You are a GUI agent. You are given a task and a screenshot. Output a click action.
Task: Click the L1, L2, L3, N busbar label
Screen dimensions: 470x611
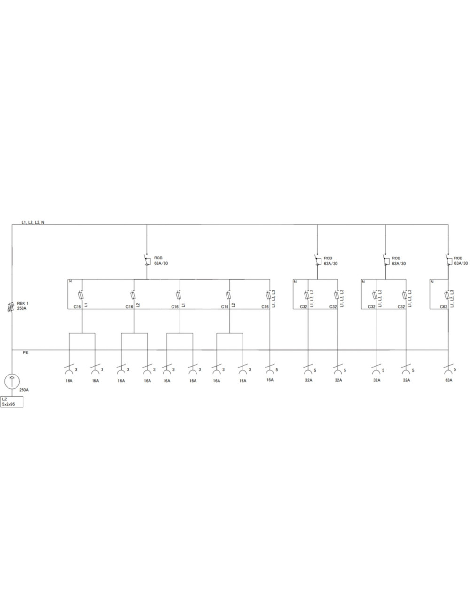[33, 222]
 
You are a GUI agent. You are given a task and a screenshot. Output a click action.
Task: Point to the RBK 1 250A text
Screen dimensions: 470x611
[23, 306]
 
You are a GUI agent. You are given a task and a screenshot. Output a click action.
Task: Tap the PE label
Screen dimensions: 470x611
[25, 352]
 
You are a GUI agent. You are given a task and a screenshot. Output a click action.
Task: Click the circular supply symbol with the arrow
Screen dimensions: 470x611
[12, 381]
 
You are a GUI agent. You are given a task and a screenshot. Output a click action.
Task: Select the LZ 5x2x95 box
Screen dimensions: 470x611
[12, 402]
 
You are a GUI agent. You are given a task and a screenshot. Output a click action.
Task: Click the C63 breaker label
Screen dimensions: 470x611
[444, 307]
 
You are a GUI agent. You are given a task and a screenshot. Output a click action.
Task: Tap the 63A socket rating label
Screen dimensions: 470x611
[449, 380]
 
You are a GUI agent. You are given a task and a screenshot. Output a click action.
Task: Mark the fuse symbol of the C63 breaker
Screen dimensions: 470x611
[446, 296]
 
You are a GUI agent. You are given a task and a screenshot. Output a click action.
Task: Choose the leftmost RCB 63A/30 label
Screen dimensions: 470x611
[161, 261]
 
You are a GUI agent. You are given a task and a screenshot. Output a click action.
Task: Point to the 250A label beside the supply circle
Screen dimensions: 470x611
[24, 390]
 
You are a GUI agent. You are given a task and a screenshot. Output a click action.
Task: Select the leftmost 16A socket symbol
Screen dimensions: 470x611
[69, 370]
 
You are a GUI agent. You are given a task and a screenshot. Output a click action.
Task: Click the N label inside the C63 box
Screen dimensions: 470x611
[432, 282]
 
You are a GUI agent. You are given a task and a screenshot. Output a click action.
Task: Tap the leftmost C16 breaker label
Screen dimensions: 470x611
[77, 307]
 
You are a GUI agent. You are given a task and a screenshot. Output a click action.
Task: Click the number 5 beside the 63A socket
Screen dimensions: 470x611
[455, 369]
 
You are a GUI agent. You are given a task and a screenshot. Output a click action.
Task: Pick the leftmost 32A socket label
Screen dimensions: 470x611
[309, 380]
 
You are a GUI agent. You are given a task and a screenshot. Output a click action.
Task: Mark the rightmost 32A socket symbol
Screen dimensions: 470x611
[406, 370]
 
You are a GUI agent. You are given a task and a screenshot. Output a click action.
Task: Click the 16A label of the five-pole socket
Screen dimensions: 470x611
[270, 380]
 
